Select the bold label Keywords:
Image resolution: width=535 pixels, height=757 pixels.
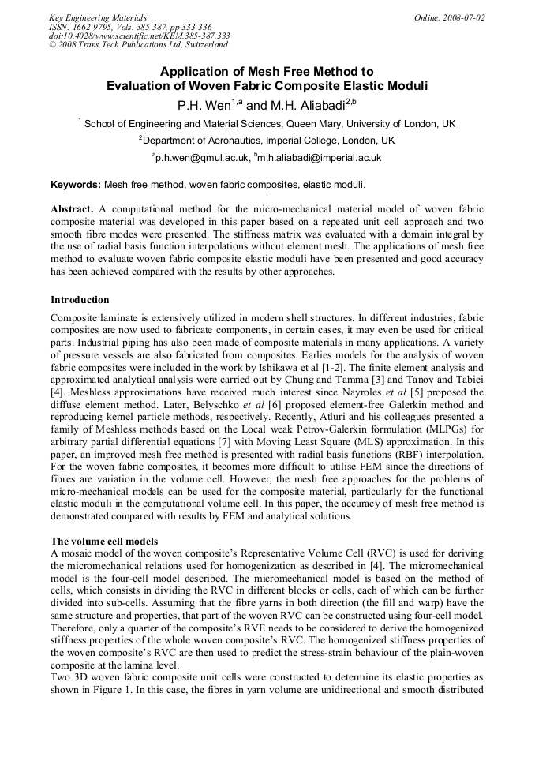point(76,184)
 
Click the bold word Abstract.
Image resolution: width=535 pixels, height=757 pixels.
point(72,209)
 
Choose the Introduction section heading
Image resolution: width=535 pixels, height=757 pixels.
point(80,300)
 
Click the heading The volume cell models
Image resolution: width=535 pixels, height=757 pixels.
point(104,542)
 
